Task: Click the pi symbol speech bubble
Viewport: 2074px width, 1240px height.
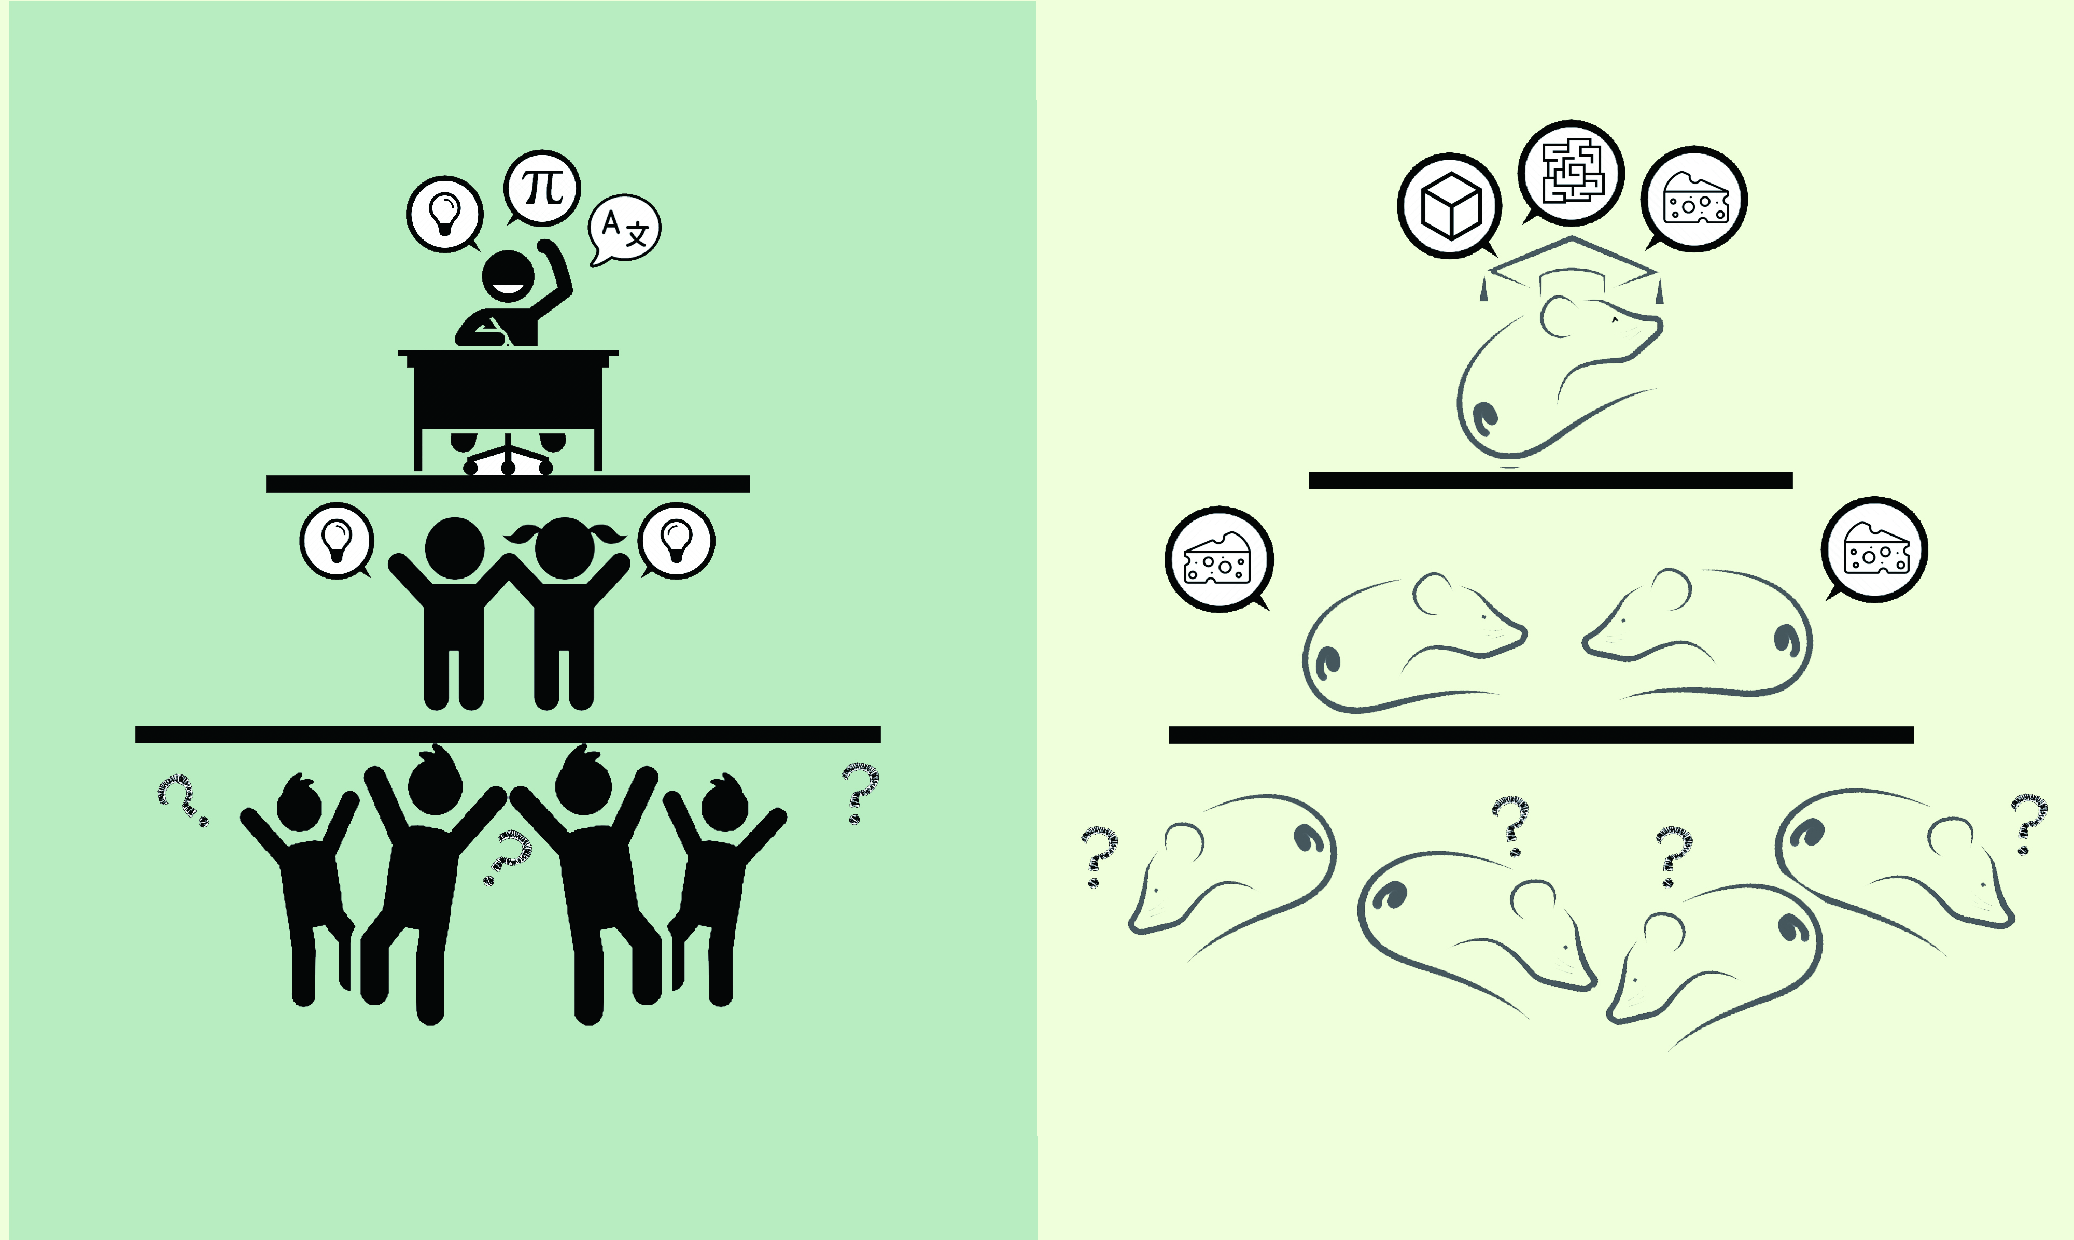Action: click(x=542, y=188)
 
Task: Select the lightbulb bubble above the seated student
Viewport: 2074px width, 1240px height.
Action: click(x=444, y=214)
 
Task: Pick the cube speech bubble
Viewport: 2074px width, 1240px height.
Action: click(x=1450, y=206)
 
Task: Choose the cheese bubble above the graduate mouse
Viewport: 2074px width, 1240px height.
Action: click(x=1694, y=199)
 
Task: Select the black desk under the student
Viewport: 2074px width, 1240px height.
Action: click(x=508, y=410)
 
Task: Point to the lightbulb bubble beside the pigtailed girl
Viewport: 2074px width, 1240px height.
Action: click(x=676, y=541)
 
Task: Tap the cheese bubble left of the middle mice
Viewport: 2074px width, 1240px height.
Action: click(x=1219, y=559)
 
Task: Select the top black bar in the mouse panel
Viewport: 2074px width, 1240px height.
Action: click(x=1550, y=481)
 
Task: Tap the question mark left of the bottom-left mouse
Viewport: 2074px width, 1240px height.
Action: click(x=1100, y=856)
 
